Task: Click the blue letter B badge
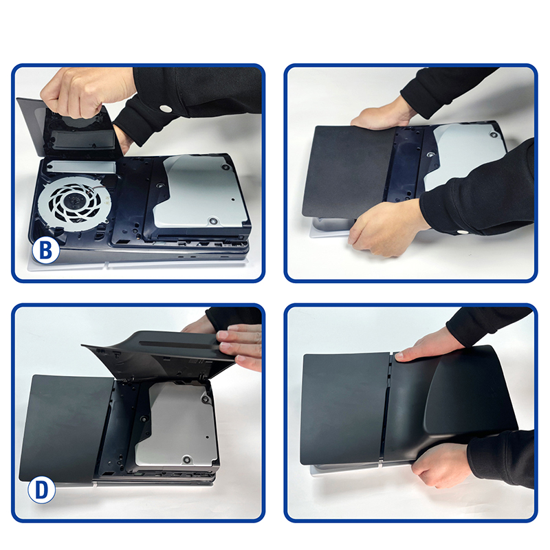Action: tap(46, 250)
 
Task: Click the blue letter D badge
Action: tap(42, 490)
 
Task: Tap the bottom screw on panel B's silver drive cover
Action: tap(212, 221)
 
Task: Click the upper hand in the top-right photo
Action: tap(382, 115)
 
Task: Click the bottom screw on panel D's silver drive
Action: tap(186, 458)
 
